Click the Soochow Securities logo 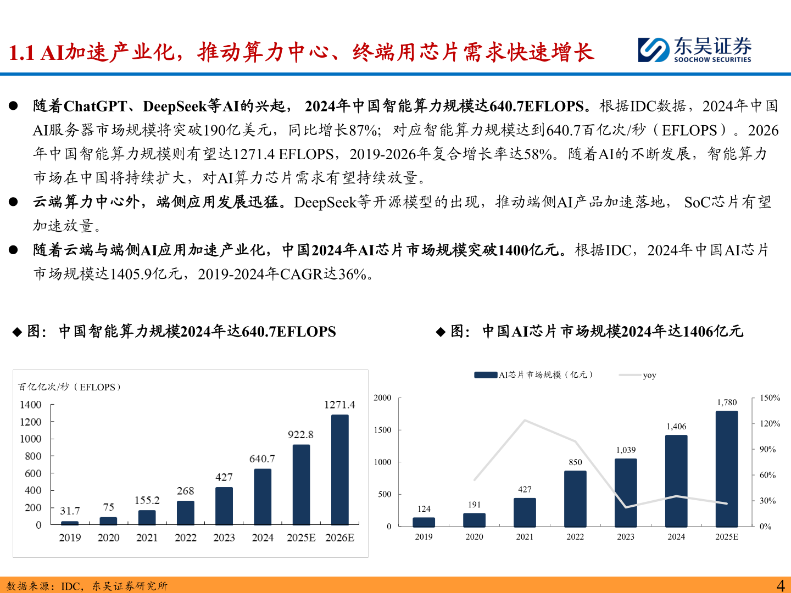click(x=694, y=50)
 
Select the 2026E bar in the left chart click(x=339, y=469)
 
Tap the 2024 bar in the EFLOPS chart click(x=263, y=497)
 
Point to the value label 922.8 click(x=300, y=435)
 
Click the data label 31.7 click(x=70, y=511)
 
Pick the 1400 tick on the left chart click(x=31, y=405)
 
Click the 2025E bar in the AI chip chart click(x=727, y=468)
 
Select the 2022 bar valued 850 click(x=575, y=499)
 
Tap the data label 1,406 click(x=676, y=427)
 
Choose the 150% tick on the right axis click(x=770, y=398)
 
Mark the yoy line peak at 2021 click(x=525, y=421)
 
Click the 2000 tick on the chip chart click(x=382, y=398)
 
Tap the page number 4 click(x=780, y=585)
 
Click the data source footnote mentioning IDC click(x=87, y=586)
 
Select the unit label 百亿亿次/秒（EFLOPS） click(x=69, y=387)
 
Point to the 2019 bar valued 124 click(x=424, y=522)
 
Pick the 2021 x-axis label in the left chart click(x=147, y=538)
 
